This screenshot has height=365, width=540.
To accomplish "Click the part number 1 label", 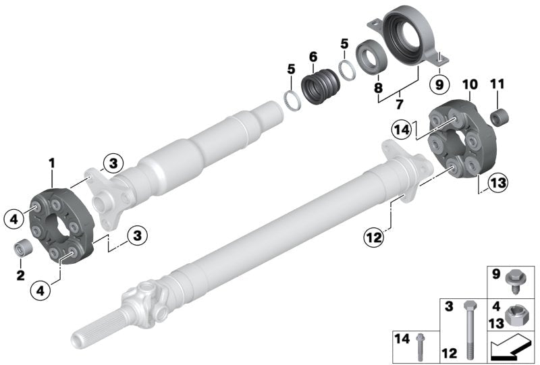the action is coord(52,163).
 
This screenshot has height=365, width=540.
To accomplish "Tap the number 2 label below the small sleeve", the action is coord(21,275).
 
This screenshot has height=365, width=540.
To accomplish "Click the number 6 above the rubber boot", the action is coord(313,57).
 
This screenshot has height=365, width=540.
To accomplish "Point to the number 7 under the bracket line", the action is coord(399,105).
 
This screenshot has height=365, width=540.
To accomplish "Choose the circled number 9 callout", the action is coord(439,84).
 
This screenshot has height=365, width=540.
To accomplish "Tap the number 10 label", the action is coord(470,84).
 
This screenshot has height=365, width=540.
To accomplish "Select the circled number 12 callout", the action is coord(375,237).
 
